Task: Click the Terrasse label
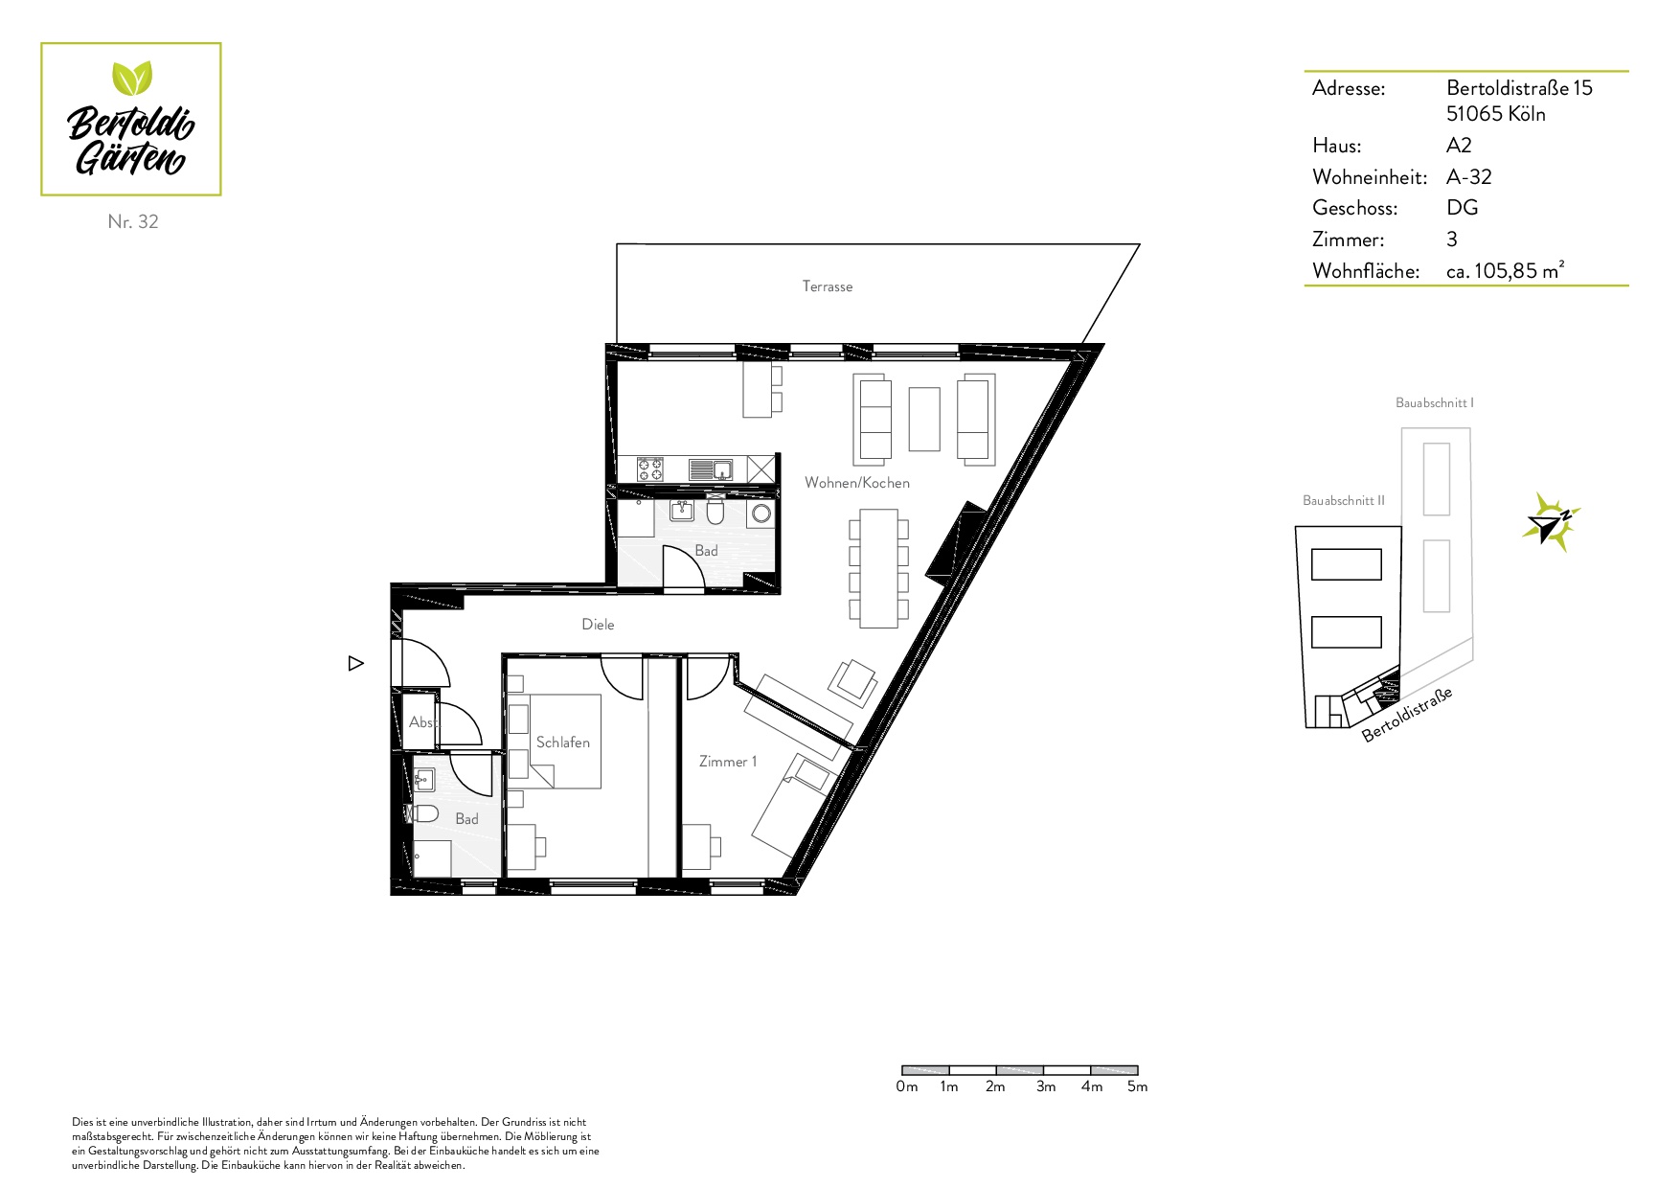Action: click(828, 286)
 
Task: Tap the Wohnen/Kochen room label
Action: click(857, 483)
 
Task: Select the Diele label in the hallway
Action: click(598, 625)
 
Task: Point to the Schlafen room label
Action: click(563, 742)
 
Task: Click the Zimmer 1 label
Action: click(728, 762)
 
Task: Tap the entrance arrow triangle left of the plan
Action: click(356, 663)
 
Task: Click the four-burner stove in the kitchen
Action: click(651, 469)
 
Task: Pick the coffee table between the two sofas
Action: click(924, 418)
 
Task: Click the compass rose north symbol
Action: click(1550, 522)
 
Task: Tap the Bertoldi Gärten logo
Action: click(131, 120)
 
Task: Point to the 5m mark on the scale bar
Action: click(1137, 1086)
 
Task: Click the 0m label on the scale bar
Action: click(906, 1086)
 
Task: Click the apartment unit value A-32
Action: click(1469, 177)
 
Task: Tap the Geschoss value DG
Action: click(1463, 208)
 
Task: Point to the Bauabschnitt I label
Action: click(1435, 403)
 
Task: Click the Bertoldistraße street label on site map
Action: click(1408, 715)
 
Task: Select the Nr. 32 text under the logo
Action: click(133, 221)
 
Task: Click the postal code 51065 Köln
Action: click(1496, 114)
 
